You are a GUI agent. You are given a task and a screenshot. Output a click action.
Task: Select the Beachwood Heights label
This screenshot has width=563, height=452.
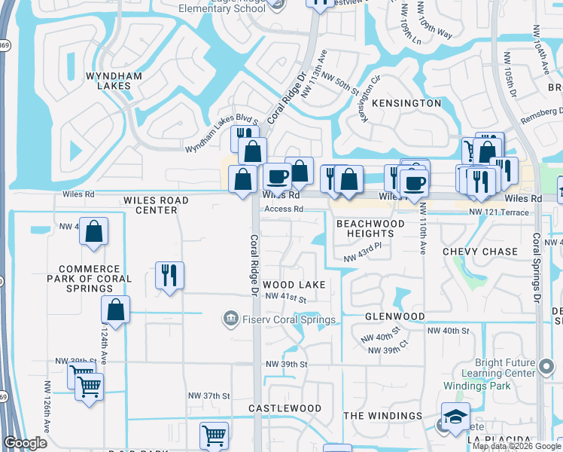(370, 228)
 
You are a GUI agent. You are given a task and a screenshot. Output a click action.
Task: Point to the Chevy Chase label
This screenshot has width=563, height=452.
(480, 252)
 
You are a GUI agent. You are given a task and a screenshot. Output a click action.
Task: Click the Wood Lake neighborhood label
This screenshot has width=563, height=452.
(294, 285)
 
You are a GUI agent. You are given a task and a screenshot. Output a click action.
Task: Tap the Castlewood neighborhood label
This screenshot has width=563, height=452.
(285, 408)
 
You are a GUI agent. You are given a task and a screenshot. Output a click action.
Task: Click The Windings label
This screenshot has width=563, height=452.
(383, 416)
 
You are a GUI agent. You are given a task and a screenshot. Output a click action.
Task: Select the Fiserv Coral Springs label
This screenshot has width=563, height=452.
(279, 320)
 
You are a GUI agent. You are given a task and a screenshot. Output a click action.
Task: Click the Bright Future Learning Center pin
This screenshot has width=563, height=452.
(547, 367)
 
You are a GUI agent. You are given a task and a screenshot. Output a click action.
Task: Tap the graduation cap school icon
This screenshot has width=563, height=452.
(455, 416)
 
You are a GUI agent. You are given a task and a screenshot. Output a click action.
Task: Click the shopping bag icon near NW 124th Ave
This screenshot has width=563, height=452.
(116, 308)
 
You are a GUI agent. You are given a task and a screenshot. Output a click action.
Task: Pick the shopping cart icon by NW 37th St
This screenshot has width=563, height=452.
(214, 435)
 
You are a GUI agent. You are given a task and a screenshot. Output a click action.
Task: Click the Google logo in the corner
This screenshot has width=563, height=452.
(25, 444)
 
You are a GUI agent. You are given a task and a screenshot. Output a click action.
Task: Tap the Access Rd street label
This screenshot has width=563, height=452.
(284, 209)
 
